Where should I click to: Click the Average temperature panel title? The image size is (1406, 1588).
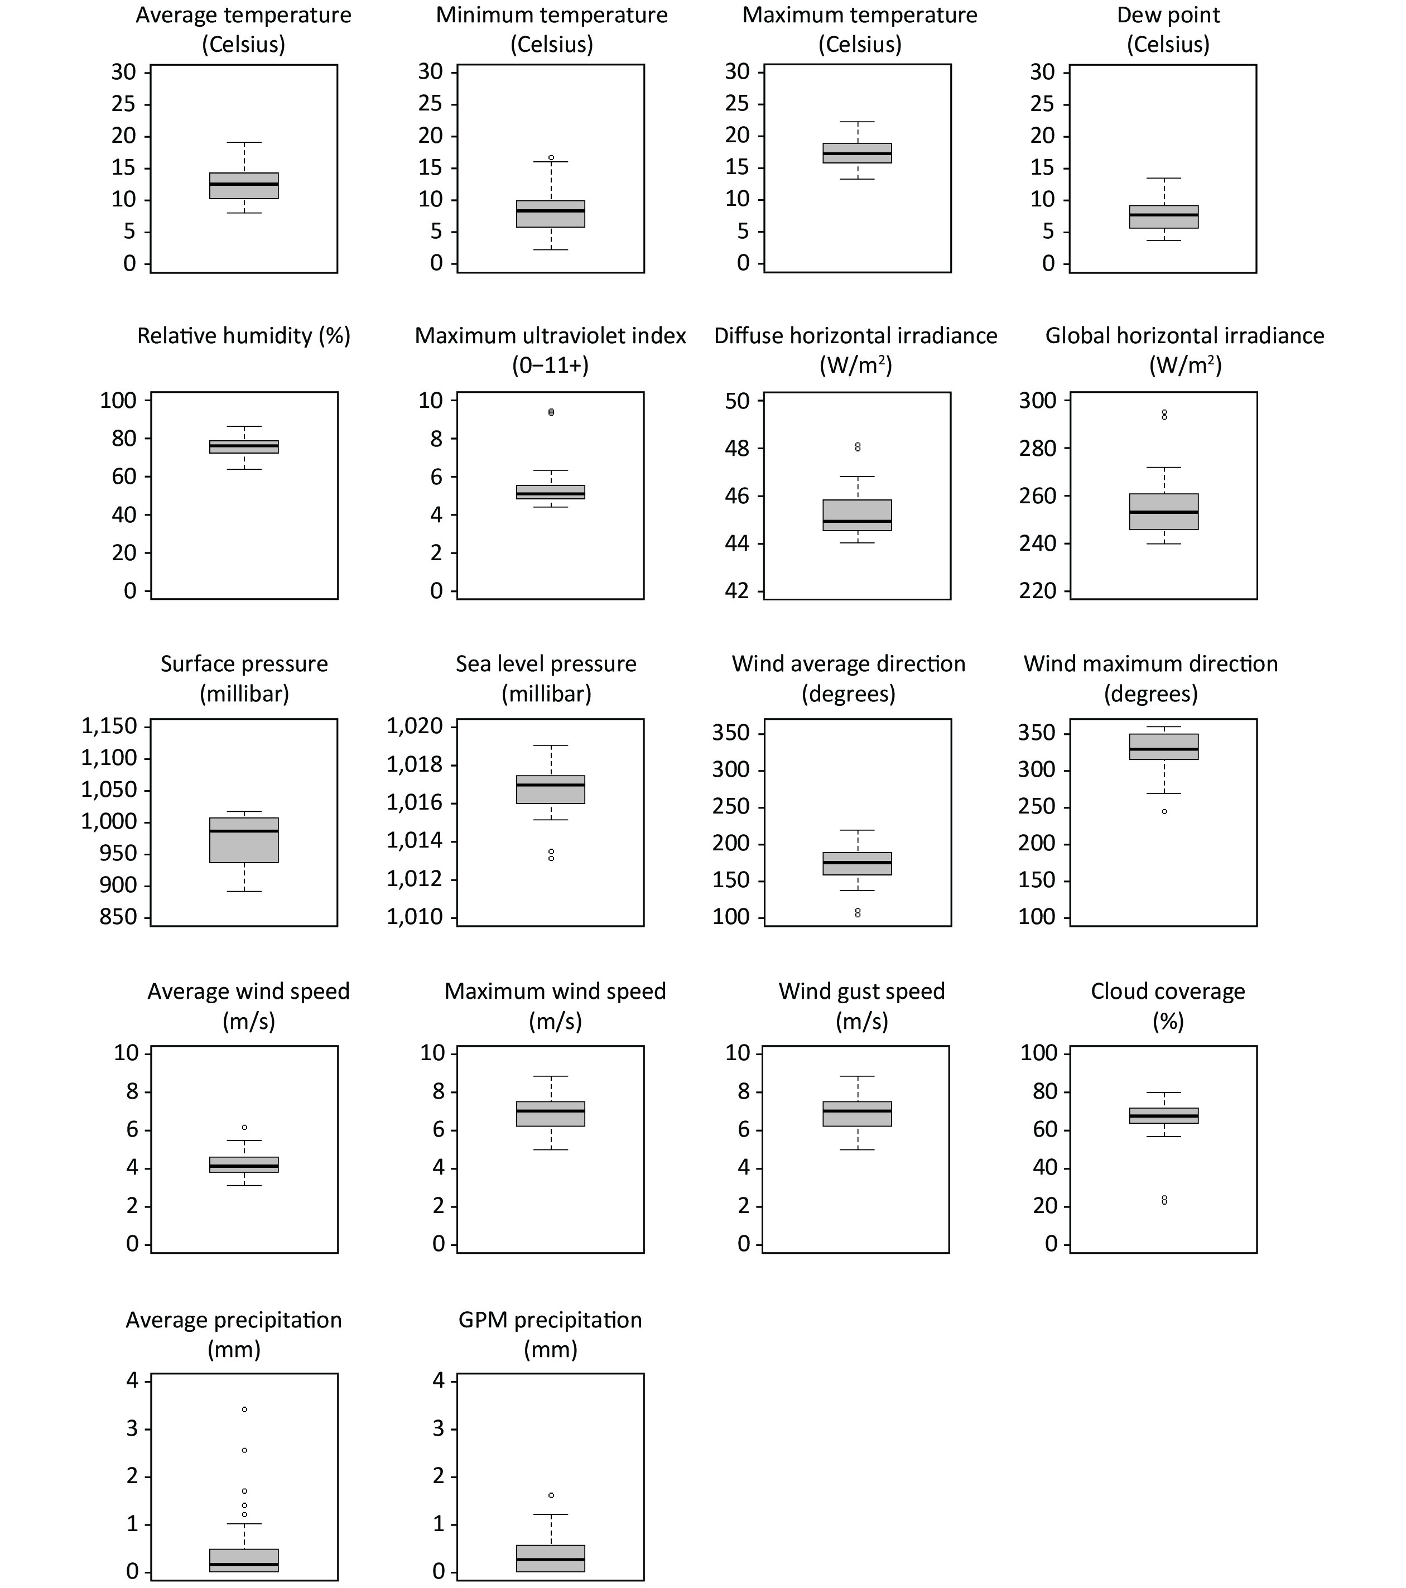[x=244, y=30]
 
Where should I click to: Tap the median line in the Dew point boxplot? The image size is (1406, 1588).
[x=1164, y=214]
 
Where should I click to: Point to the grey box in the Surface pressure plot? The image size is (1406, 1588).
[x=244, y=840]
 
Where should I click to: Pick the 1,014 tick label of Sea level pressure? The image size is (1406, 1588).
[x=415, y=841]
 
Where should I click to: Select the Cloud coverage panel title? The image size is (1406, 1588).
[x=1168, y=1005]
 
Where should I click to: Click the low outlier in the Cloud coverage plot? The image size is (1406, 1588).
[x=1164, y=1200]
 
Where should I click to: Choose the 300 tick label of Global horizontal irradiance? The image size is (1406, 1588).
[x=1038, y=401]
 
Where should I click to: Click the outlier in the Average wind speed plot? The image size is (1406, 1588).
[x=245, y=1127]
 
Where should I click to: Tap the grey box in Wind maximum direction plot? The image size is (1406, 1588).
[x=1164, y=747]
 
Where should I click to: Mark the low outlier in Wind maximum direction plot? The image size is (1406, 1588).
[x=1164, y=811]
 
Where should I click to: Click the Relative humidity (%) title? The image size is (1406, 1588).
[x=244, y=336]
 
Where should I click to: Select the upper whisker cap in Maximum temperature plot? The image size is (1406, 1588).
[x=858, y=122]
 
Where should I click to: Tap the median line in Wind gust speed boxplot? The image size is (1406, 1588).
[x=858, y=1111]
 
